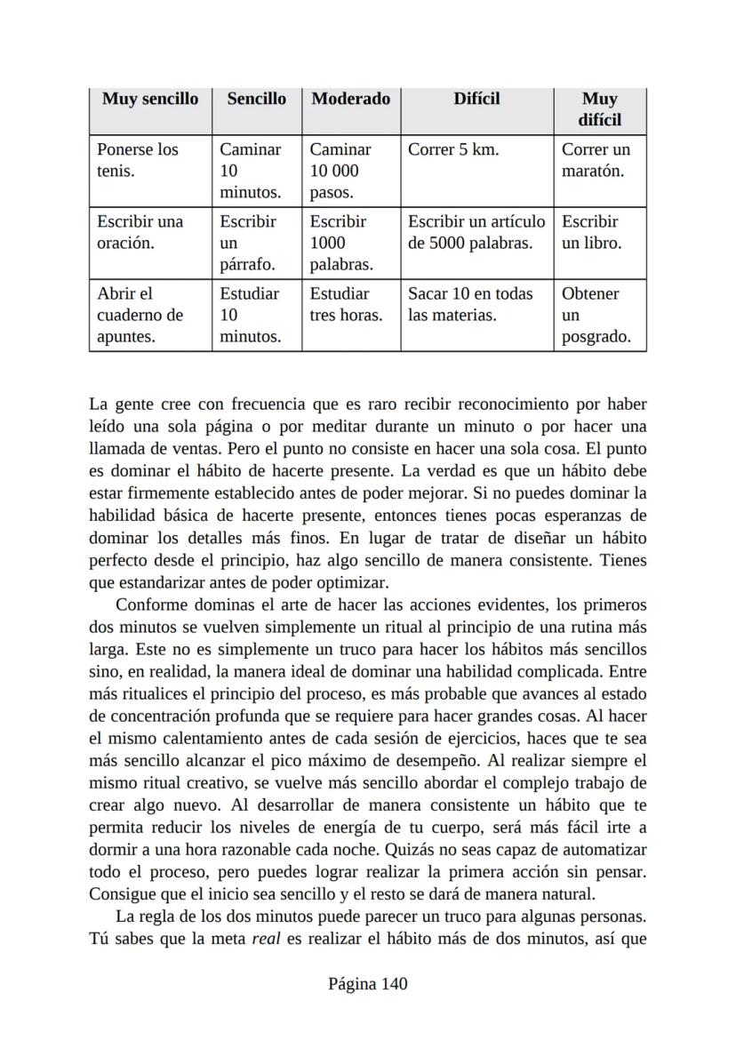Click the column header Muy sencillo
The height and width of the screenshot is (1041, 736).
coord(149,99)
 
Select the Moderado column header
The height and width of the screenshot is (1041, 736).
coord(350,99)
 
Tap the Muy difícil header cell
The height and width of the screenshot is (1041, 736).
coord(600,109)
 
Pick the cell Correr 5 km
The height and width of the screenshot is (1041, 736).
coord(453,149)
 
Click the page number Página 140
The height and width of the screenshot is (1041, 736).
coord(367,984)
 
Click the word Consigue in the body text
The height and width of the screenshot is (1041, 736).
coord(121,893)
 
